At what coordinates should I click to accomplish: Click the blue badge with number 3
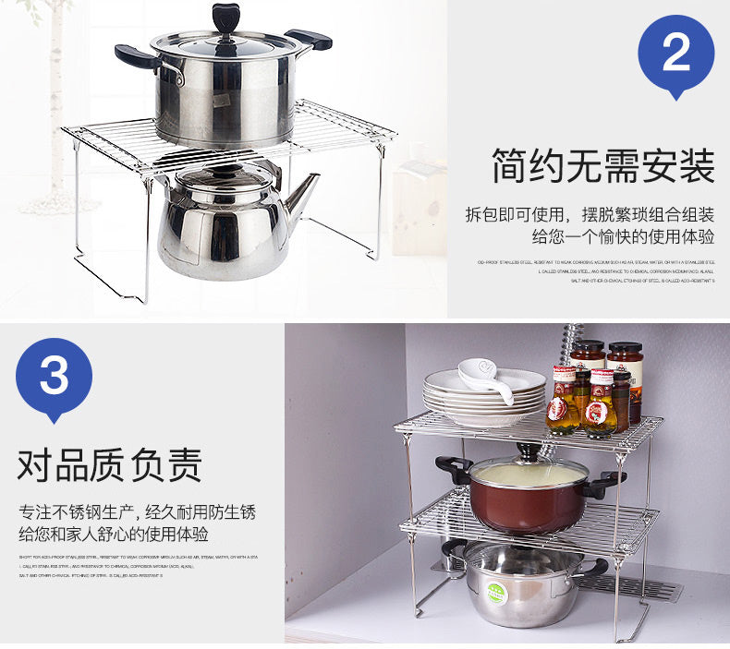(55, 377)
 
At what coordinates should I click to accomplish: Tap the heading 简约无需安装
(602, 169)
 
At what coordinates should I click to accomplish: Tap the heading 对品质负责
(109, 464)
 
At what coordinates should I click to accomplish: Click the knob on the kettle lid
(221, 170)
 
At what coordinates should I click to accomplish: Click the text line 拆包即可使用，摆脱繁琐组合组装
(590, 215)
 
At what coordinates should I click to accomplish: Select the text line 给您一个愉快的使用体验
(623, 237)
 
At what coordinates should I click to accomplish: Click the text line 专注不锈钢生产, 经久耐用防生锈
(137, 511)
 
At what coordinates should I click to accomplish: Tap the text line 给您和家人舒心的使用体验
(114, 535)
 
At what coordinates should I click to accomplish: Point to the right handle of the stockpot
(310, 39)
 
